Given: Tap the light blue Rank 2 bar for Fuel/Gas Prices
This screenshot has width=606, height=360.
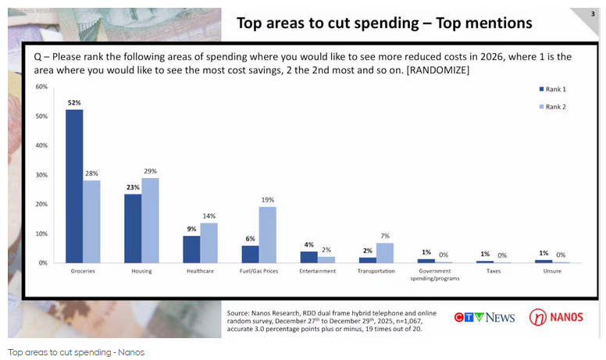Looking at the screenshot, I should point(267,234).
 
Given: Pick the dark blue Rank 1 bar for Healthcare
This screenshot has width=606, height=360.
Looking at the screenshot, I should point(191,249).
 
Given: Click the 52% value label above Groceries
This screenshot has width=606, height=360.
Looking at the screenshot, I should point(74,102).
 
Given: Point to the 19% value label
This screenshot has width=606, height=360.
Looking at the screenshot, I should point(268,199).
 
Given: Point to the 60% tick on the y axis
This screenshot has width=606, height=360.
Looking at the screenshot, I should point(41,87).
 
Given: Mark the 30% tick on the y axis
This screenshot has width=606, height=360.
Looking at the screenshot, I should point(41,175).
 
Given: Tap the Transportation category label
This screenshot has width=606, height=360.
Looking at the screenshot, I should point(376,271).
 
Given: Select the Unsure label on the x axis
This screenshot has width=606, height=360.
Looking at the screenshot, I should point(552,271).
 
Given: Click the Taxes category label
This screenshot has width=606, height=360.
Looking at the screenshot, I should point(494,271).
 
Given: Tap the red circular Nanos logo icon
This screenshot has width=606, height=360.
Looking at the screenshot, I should point(538,317).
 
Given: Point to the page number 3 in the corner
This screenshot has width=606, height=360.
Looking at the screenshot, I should point(593,13).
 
